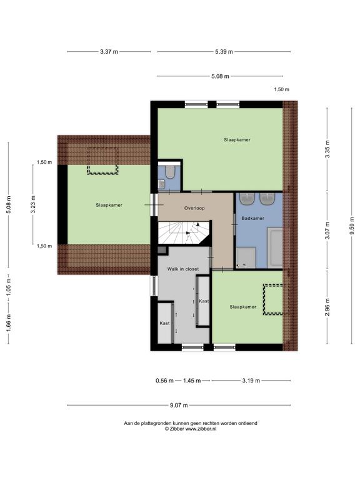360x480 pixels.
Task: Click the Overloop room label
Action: click(x=194, y=208)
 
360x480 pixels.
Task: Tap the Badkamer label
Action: click(x=252, y=218)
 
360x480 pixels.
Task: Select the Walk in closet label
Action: click(x=182, y=269)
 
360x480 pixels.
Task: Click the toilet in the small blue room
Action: click(x=170, y=172)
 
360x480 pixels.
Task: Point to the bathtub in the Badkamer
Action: click(x=275, y=247)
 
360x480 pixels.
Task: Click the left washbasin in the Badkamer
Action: click(x=247, y=199)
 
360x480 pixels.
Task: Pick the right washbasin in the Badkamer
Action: click(x=268, y=199)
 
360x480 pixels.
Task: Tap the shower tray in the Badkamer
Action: click(x=246, y=257)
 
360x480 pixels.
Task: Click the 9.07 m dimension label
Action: click(x=179, y=405)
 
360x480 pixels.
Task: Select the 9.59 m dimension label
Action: click(x=352, y=226)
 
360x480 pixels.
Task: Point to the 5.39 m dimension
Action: click(x=224, y=52)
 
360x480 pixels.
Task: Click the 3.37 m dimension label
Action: click(x=109, y=52)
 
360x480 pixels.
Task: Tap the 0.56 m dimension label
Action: click(x=164, y=381)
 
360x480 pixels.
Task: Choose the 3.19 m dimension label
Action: click(x=251, y=381)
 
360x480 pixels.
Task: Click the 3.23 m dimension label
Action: click(x=33, y=204)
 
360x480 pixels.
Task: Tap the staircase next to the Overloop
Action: click(x=184, y=232)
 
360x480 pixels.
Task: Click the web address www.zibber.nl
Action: click(x=201, y=429)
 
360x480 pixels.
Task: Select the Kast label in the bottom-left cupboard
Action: click(x=164, y=323)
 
